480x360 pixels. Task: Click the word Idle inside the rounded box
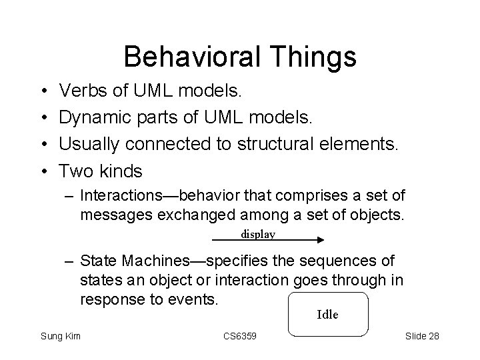click(327, 314)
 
